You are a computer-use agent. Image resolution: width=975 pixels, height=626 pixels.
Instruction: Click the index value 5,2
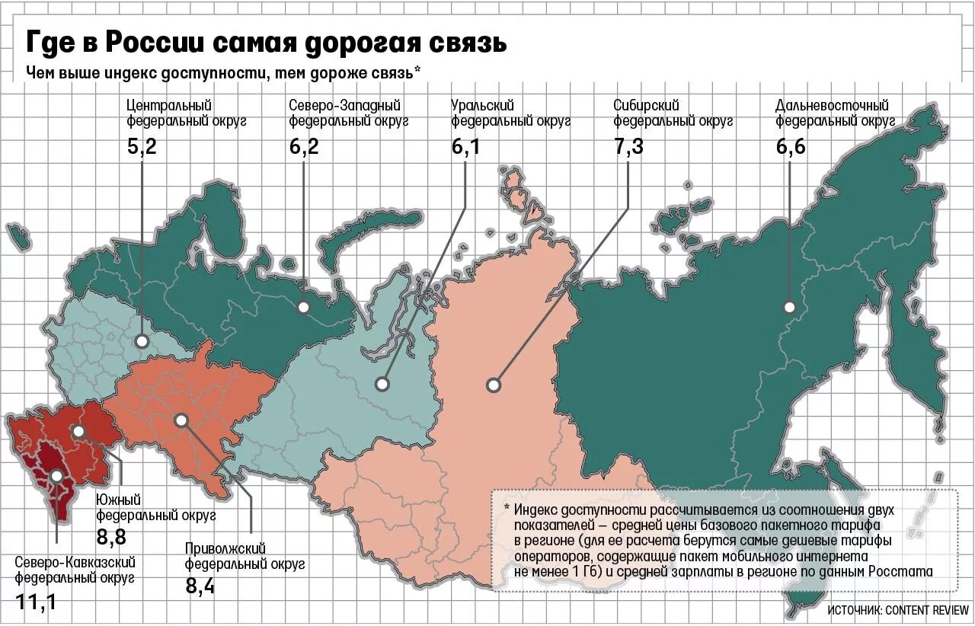pos(142,146)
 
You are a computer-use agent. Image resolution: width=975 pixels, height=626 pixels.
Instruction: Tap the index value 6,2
pos(304,146)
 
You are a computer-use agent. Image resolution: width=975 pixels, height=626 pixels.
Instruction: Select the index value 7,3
pos(628,146)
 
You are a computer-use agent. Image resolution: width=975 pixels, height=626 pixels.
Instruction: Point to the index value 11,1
pos(36,603)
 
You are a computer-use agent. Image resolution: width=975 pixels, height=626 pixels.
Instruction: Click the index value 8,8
pos(111,537)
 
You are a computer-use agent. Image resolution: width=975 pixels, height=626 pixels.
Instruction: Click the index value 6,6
pos(791,146)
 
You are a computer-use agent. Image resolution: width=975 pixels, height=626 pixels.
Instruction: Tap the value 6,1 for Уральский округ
pos(465,146)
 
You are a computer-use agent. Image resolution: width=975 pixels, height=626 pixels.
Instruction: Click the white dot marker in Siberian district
pos(494,385)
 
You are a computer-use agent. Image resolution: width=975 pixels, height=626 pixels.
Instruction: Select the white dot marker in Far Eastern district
pos(789,307)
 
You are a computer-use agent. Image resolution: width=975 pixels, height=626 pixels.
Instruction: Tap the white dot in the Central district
pos(142,342)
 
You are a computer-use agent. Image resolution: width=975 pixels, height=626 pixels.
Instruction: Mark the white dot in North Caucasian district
pos(56,477)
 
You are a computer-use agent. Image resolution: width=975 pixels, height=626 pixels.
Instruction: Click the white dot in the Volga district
pos(181,420)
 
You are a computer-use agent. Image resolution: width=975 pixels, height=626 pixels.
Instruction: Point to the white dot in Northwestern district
pos(304,307)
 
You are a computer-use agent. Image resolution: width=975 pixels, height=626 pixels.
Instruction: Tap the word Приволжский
pos(225,548)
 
